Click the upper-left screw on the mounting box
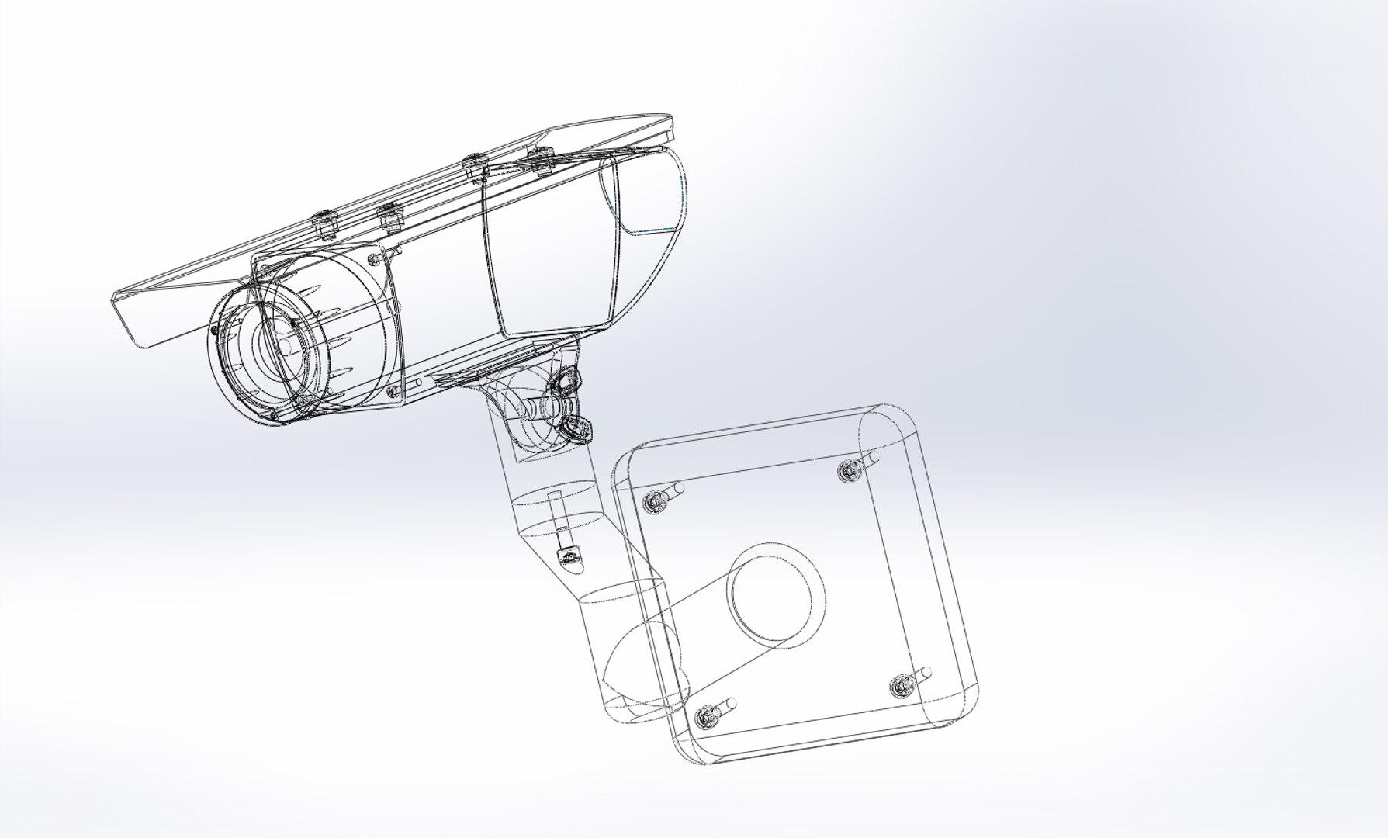click(652, 503)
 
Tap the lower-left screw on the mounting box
click(704, 718)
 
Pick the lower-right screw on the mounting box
click(901, 686)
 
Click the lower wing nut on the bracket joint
click(576, 426)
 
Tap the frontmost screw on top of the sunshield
click(324, 222)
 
